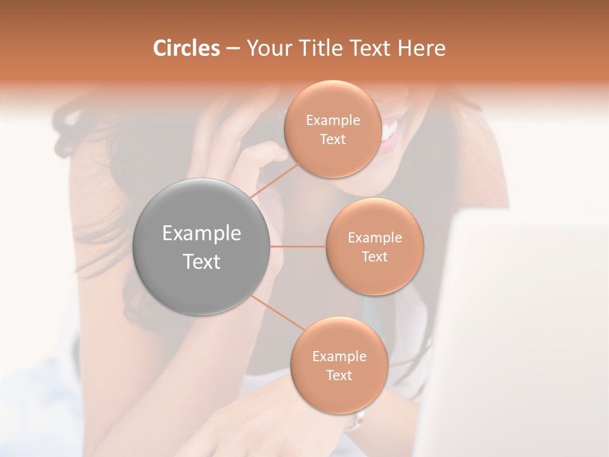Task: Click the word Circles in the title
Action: pos(187,48)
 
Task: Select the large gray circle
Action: pos(202,246)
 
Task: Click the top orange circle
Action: pos(332,129)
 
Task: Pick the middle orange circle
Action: pos(374,246)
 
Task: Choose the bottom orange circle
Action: pos(339,365)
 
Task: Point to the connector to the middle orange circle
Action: pos(298,246)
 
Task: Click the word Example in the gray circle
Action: pos(202,233)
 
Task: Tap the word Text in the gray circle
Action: pos(202,261)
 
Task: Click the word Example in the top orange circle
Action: pos(333,120)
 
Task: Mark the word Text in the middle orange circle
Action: pos(374,256)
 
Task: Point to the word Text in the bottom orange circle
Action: pos(339,375)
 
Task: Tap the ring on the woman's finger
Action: pos(358,419)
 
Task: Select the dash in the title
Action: pos(233,48)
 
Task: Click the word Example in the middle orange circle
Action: pos(375,237)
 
